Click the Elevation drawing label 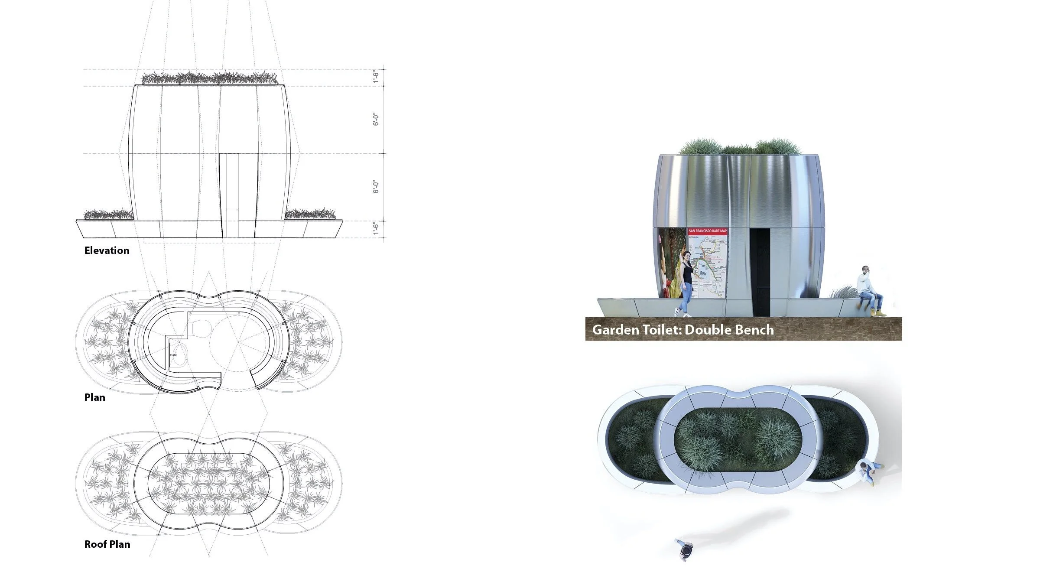pyautogui.click(x=107, y=250)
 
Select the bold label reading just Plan pyautogui.click(x=94, y=397)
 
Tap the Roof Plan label pyautogui.click(x=107, y=544)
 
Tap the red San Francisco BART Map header pyautogui.click(x=708, y=231)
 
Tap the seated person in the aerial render pyautogui.click(x=868, y=472)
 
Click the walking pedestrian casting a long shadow pyautogui.click(x=684, y=549)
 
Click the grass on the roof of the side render pyautogui.click(x=739, y=147)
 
